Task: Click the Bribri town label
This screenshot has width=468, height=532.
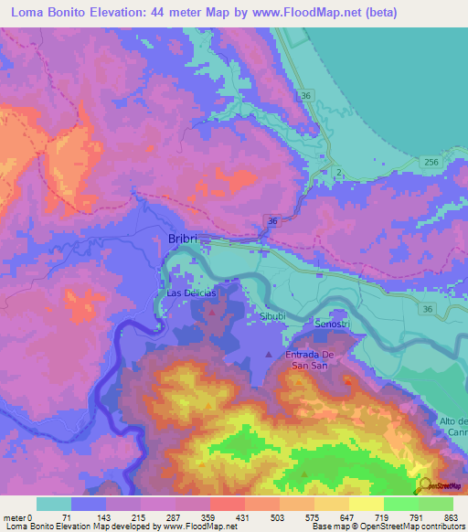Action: [184, 239]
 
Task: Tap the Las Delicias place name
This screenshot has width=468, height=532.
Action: [191, 293]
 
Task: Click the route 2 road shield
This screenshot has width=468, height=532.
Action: [338, 172]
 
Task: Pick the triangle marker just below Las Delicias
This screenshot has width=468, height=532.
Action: [212, 312]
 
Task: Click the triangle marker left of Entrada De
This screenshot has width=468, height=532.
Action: [268, 354]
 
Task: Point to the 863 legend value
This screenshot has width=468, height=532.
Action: [451, 517]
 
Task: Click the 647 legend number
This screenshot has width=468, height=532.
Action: [346, 517]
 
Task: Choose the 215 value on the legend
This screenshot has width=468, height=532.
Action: [137, 517]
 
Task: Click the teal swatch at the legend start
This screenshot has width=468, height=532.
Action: [53, 504]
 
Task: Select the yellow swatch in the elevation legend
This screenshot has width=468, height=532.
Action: [366, 504]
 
